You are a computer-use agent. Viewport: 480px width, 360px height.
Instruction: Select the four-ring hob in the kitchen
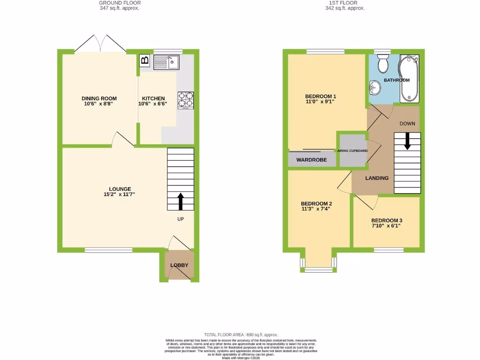(x=186, y=100)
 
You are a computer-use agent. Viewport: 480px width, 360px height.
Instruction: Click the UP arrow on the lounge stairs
(x=180, y=201)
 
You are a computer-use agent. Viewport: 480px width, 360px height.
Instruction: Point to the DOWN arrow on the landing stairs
(x=407, y=141)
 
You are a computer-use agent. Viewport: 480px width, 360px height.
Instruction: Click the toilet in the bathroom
(x=383, y=64)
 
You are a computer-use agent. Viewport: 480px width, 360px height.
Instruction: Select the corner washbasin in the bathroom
(x=375, y=87)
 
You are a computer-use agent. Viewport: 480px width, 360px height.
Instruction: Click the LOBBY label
(x=179, y=265)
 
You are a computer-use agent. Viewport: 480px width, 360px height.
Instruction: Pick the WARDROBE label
(x=311, y=160)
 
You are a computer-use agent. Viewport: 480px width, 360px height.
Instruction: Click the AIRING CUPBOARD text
(x=352, y=151)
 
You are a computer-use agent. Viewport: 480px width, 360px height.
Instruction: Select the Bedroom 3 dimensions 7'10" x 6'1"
(x=387, y=225)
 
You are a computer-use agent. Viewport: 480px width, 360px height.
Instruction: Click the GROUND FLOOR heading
(x=120, y=3)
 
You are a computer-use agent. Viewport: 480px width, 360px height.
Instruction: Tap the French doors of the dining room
(x=100, y=44)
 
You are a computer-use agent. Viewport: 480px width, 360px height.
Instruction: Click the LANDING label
(x=377, y=178)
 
